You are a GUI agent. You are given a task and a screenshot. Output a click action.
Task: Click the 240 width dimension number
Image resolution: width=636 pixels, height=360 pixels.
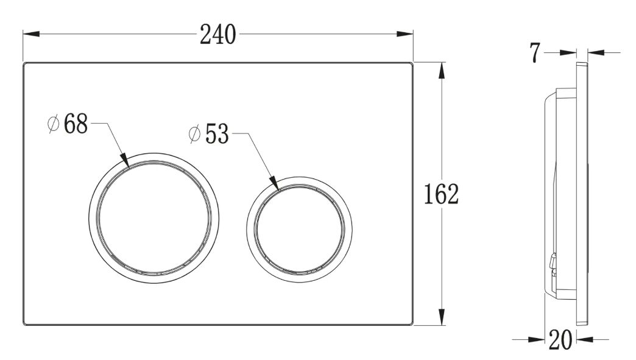point(218,35)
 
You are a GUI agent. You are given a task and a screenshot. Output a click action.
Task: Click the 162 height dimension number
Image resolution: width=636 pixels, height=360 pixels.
point(441,194)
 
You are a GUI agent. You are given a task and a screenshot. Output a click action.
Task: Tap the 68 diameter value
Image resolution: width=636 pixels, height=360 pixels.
point(76,124)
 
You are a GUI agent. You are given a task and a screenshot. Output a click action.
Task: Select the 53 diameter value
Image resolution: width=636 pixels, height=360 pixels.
point(217,134)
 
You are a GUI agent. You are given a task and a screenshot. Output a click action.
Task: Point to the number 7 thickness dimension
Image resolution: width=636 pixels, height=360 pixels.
point(535,53)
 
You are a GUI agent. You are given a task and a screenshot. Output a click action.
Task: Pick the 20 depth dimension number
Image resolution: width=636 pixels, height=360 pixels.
point(560,340)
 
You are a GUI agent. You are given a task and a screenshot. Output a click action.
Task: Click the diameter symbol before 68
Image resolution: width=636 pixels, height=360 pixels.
point(54,124)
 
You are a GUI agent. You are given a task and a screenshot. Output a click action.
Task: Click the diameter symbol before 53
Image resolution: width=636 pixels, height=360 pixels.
point(195,134)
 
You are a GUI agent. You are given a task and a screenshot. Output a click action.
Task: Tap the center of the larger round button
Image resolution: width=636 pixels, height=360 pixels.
point(154,218)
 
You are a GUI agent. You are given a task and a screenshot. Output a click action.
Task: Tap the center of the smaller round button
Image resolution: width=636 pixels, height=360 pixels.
point(299,230)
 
